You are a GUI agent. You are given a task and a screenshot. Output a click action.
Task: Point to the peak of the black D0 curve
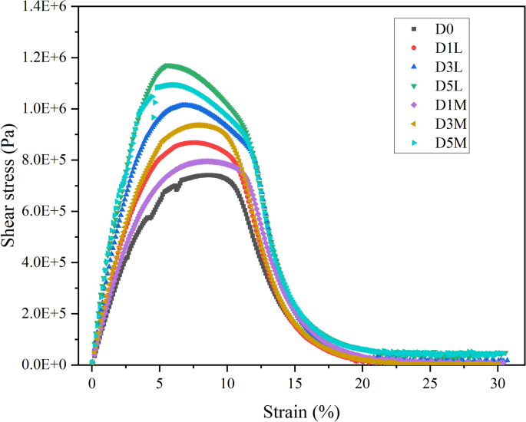coord(209,175)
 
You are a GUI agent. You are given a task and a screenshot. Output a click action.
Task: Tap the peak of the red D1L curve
coord(192,143)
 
